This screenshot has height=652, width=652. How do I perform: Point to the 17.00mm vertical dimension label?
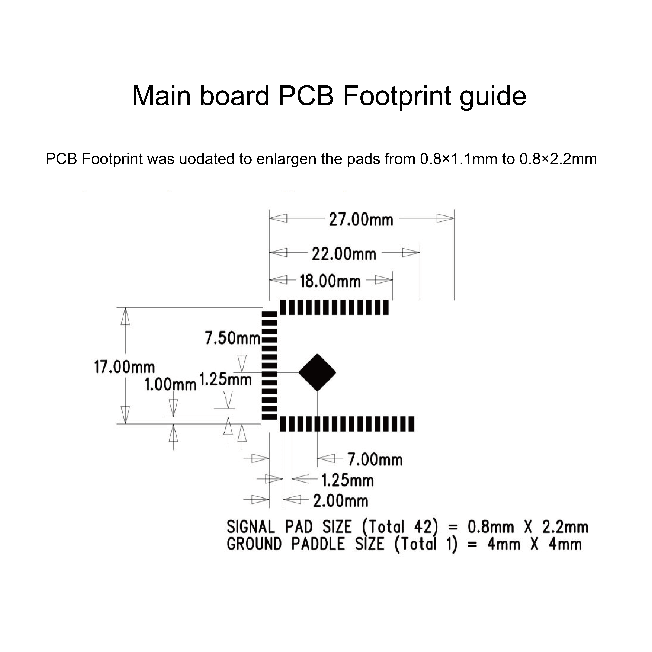pyautogui.click(x=124, y=367)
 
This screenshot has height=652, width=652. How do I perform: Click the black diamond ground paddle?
pyautogui.click(x=317, y=373)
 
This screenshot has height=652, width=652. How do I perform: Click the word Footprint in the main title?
pyautogui.click(x=397, y=97)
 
